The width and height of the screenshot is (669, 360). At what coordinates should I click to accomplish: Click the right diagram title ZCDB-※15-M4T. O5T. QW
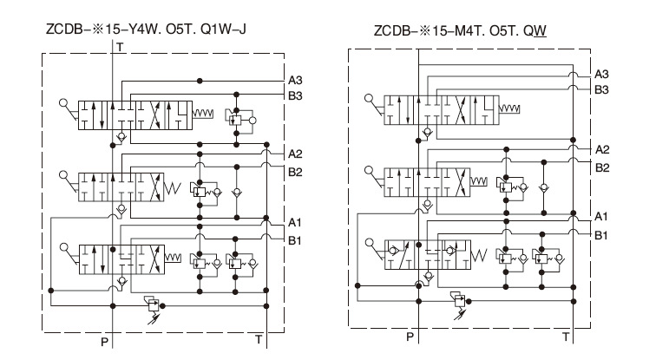coord(459,32)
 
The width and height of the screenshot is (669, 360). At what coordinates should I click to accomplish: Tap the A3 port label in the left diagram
coord(296,81)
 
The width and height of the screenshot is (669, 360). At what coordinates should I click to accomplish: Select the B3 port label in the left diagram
coord(296,96)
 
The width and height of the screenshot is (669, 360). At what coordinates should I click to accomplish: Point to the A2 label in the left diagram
coord(296,155)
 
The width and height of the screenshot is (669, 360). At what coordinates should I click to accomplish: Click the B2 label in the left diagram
coord(296,172)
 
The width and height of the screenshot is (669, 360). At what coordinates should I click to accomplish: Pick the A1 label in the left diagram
coord(296,223)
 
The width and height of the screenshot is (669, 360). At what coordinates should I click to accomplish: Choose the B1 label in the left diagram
coord(296,239)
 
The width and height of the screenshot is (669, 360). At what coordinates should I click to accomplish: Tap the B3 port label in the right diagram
coord(601,88)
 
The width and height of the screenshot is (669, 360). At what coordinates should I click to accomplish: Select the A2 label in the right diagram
coord(601,149)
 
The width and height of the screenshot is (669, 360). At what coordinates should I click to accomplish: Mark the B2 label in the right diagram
coord(601,167)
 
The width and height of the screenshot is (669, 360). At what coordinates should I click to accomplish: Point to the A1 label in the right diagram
coord(601,216)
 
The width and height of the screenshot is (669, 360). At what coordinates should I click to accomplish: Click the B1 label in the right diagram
coord(601,234)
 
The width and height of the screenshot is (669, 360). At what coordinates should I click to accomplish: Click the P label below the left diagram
coord(104,343)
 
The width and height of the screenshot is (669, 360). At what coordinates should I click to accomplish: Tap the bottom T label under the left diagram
coord(258,338)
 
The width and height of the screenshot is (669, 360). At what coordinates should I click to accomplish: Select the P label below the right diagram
coord(410,336)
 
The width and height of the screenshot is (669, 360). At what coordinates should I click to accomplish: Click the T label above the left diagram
coord(121,45)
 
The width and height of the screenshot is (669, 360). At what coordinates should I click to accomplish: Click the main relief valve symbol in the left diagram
coord(154,305)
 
